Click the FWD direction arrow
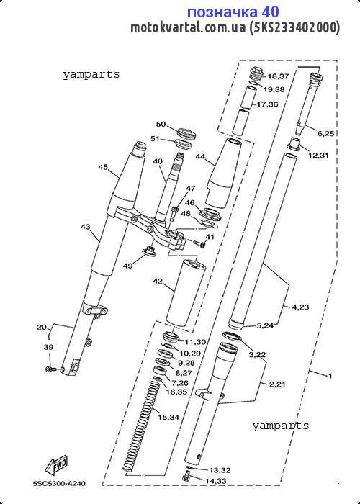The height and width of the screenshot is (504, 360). tap(56, 466)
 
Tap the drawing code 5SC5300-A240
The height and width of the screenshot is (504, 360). tap(60, 483)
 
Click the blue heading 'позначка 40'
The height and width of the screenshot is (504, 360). tap(233, 12)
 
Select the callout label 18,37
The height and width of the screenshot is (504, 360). tap(279, 76)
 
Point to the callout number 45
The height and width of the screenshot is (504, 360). tap(103, 167)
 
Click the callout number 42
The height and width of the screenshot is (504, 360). tap(158, 282)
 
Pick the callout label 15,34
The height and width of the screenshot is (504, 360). tap(168, 417)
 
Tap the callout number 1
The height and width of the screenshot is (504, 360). tap(330, 375)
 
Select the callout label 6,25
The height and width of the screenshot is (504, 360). tap(325, 134)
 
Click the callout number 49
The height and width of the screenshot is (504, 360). tap(128, 266)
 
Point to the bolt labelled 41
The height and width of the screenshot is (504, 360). tap(199, 244)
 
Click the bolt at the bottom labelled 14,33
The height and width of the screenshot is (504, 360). tap(186, 477)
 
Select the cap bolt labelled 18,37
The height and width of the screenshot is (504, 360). tap(256, 74)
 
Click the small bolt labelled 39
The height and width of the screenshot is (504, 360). tap(50, 369)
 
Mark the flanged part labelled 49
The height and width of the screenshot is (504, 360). tap(149, 251)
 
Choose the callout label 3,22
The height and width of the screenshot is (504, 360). tap(257, 355)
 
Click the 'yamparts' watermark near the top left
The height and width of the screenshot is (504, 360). tap(91, 75)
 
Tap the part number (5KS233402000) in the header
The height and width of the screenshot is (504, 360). tap(294, 27)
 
